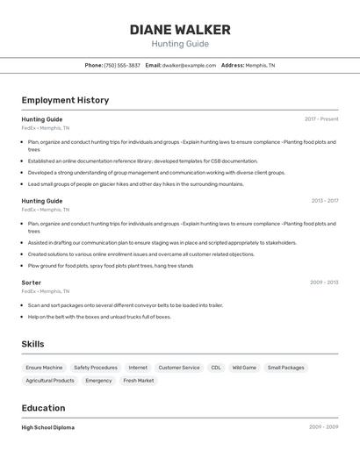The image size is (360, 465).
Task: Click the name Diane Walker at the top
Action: [180, 30]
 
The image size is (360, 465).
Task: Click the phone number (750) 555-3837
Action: [122, 65]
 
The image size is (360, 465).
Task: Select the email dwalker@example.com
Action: [189, 65]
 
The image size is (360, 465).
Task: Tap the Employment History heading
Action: [65, 100]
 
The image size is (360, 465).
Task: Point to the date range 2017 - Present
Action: [321, 119]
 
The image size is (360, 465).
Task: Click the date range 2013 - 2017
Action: [324, 201]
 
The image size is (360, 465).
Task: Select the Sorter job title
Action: [32, 283]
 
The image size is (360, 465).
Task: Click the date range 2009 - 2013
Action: [324, 283]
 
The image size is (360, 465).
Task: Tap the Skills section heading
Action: [33, 344]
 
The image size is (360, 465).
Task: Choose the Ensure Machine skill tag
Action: [44, 368]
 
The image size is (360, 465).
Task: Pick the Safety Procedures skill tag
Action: [96, 368]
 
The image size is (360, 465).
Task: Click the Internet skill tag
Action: [138, 368]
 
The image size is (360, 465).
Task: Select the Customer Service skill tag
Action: [179, 368]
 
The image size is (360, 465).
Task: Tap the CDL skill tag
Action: [216, 368]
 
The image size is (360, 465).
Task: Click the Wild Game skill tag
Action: [244, 368]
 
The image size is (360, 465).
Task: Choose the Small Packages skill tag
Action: [286, 368]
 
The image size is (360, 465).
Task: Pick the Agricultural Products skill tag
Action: [50, 381]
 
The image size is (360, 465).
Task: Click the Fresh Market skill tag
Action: [139, 381]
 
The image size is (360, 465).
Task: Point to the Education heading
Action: [43, 408]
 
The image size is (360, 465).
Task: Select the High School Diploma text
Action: [48, 427]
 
